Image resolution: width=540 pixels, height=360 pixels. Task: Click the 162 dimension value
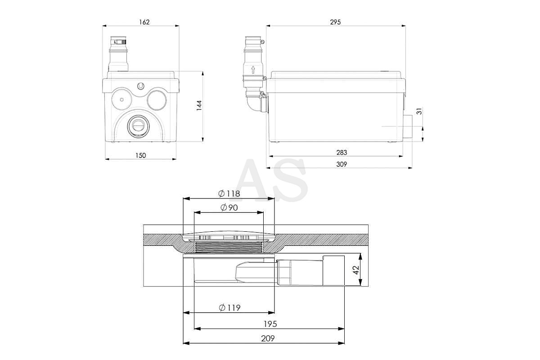144,22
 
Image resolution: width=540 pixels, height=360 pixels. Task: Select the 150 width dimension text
140,156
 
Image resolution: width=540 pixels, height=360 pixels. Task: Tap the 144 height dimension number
199,106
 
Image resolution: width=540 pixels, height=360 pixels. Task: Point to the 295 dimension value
335,22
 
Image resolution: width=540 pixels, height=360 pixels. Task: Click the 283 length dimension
342,153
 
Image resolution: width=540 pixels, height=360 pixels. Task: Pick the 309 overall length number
342,164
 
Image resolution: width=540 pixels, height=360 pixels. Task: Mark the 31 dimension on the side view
419,112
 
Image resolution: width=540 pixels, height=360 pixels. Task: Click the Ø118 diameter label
229,193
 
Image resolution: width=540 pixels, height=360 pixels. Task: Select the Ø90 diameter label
229,207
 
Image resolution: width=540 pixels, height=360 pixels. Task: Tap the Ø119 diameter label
229,308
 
